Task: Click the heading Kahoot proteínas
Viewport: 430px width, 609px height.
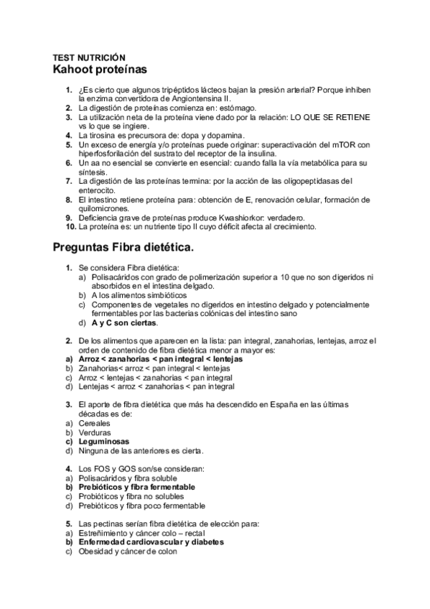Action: click(100, 70)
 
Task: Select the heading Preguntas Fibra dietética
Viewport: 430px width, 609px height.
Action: click(123, 248)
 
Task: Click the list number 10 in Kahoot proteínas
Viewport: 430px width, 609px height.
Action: click(70, 227)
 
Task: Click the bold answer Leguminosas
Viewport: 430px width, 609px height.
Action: click(104, 442)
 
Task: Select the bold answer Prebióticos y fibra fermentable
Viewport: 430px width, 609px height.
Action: click(137, 487)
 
